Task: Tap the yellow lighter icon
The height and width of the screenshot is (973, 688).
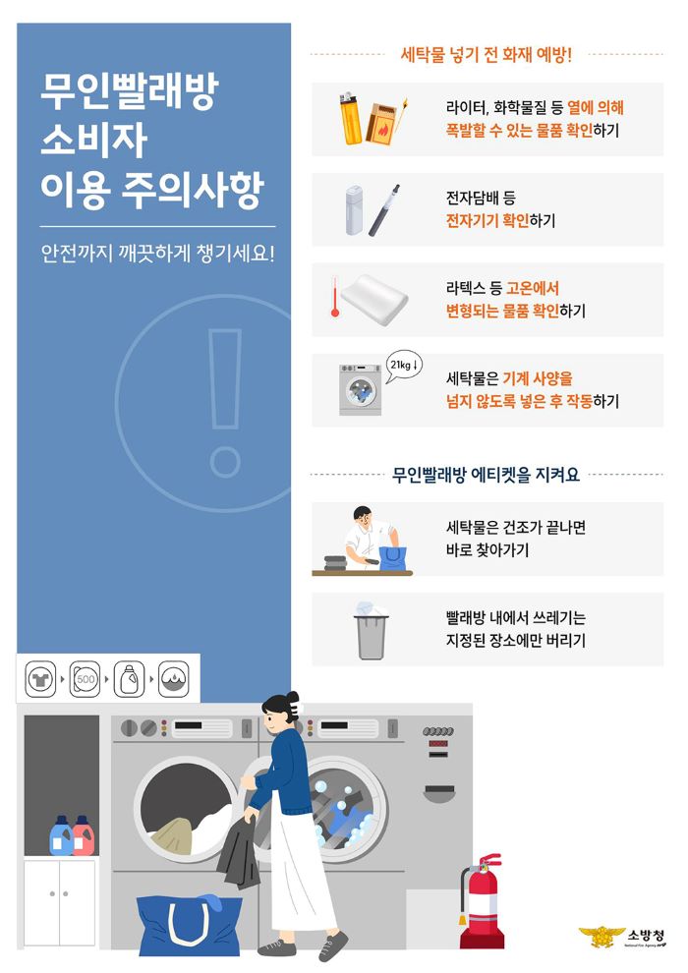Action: [351, 118]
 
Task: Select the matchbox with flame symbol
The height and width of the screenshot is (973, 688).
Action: [380, 124]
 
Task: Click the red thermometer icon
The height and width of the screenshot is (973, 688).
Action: [335, 297]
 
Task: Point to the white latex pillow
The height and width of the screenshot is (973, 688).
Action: [374, 300]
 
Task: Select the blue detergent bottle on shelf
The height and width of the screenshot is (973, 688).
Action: [61, 835]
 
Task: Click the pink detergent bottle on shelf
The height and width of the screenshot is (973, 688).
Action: [84, 835]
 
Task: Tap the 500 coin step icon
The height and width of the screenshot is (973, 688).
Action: [85, 679]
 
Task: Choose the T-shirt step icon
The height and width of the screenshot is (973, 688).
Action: [40, 679]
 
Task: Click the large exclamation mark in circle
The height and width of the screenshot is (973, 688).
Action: [224, 403]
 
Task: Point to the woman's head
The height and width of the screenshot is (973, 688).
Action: [280, 714]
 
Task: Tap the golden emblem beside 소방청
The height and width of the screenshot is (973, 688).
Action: [602, 936]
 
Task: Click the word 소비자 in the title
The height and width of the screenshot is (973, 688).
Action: [93, 141]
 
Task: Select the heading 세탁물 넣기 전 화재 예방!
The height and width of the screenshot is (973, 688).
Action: [486, 55]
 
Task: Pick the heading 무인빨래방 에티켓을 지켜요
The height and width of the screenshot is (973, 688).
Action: [486, 475]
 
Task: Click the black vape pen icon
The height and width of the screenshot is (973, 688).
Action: [384, 209]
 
